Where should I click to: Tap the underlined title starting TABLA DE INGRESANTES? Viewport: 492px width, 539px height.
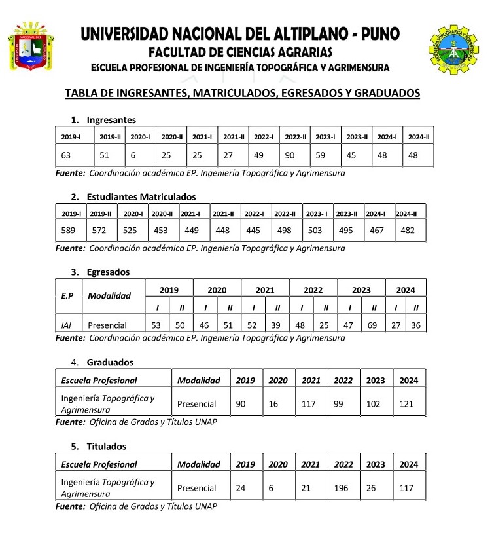coord(242,93)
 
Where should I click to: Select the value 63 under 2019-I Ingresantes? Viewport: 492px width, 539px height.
coord(66,156)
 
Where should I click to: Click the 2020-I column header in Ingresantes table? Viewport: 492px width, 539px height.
coord(141,136)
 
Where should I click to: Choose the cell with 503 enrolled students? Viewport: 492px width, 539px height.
coord(315,230)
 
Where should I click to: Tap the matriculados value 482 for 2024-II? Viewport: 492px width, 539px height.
coord(408,230)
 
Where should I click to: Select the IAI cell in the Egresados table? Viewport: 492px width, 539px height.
coord(67,325)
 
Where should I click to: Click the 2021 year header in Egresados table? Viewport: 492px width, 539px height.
coord(265,289)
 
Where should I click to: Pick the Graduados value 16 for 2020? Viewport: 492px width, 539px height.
coord(273,403)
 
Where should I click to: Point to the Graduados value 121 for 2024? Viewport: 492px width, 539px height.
coord(406,403)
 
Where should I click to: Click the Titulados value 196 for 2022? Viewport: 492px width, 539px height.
coord(343,488)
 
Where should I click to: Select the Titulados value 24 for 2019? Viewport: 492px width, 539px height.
coord(241,488)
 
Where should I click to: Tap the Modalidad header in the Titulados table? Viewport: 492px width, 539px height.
coord(198,464)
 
